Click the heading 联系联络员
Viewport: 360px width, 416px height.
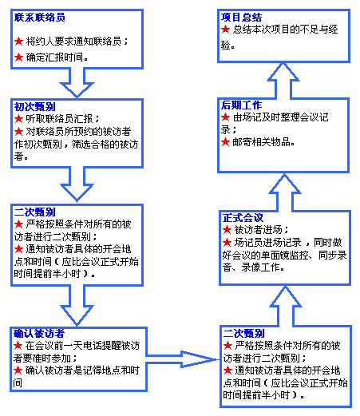[x=39, y=18]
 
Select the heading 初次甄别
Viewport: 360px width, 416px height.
[x=34, y=106]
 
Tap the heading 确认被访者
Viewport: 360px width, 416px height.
[x=39, y=333]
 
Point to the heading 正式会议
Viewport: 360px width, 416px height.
[x=243, y=217]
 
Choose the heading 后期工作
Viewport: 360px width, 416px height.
[x=241, y=105]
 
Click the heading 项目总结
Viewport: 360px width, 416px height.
[x=241, y=18]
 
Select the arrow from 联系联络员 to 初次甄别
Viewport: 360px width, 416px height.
[x=77, y=82]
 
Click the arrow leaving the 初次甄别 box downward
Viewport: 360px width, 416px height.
[x=77, y=184]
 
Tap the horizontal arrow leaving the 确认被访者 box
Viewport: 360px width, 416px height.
[x=183, y=359]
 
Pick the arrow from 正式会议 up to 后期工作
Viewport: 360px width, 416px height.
[x=285, y=192]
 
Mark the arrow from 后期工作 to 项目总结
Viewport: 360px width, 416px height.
[x=283, y=81]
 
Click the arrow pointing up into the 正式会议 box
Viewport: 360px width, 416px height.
[x=285, y=306]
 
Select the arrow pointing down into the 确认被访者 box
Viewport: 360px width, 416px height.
[x=77, y=306]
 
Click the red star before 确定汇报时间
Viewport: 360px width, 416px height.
[x=18, y=57]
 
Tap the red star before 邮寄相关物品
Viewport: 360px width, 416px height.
[x=225, y=142]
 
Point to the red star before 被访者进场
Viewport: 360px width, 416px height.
[x=227, y=229]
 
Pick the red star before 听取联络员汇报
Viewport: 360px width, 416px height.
[x=18, y=119]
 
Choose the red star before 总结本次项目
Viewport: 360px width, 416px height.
[x=225, y=30]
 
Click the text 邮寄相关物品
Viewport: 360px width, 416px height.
[x=262, y=142]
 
